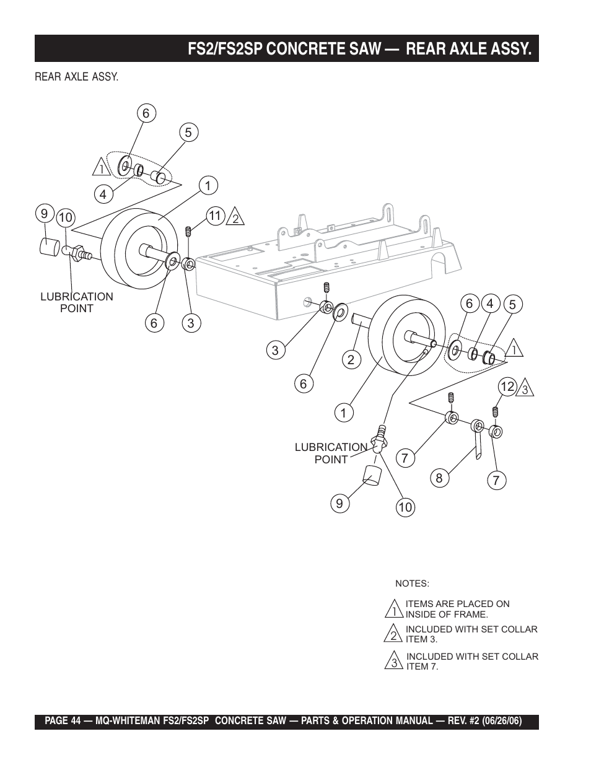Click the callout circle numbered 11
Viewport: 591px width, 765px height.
click(x=216, y=216)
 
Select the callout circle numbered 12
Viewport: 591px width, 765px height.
click(x=507, y=387)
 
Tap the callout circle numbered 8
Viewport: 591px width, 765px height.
click(x=439, y=478)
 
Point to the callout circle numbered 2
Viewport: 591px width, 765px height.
click(x=351, y=359)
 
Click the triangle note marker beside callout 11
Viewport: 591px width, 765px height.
click(x=235, y=217)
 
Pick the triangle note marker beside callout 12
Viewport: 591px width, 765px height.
click(x=525, y=388)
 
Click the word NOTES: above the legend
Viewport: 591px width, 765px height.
click(x=412, y=584)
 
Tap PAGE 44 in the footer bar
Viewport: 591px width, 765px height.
click(x=63, y=721)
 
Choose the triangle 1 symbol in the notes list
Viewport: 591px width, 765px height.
click(x=394, y=609)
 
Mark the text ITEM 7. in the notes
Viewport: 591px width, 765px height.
click(x=422, y=667)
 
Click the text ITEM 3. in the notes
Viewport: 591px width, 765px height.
click(x=422, y=639)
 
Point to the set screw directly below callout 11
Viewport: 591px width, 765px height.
click(x=189, y=232)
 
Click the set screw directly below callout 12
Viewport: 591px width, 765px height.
click(x=495, y=412)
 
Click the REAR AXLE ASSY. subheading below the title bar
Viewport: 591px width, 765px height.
click(x=76, y=77)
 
